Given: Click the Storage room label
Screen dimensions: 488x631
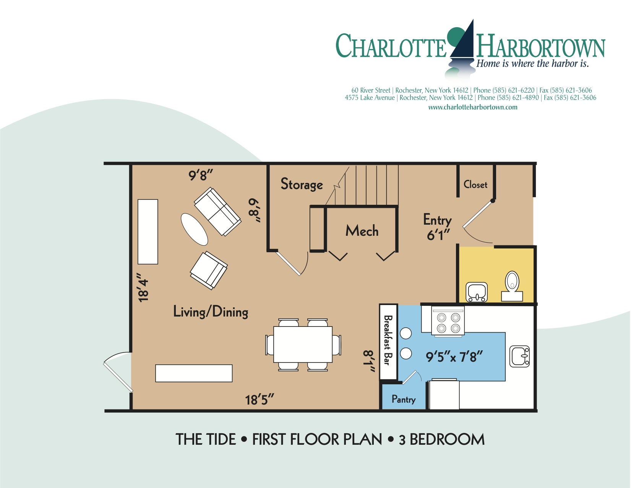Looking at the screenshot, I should (302, 184).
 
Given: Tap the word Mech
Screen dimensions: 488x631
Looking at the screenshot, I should (362, 231).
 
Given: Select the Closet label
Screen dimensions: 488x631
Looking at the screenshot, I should (475, 184).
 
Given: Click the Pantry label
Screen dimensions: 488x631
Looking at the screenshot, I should (404, 399).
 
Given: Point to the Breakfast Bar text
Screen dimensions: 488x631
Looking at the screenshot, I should (388, 340).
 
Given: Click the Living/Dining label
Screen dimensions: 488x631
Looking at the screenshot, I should (211, 312).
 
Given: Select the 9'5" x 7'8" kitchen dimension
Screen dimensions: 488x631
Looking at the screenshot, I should (454, 357).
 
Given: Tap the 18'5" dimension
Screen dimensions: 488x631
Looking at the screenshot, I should (260, 400).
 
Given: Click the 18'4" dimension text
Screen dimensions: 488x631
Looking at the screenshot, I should (143, 287).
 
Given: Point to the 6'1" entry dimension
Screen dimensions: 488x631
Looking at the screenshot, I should (438, 235).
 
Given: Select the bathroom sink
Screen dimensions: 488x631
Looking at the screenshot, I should (477, 292).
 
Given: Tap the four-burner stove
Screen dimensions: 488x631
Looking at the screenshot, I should (448, 323).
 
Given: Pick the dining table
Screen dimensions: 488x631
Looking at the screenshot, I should (303, 344).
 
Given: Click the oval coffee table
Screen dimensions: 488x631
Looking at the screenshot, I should (194, 229).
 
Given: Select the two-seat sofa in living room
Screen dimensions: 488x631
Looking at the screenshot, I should (217, 211).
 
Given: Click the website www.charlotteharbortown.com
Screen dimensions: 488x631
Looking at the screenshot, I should (472, 107).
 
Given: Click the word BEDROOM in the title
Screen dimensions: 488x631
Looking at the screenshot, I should (447, 439).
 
